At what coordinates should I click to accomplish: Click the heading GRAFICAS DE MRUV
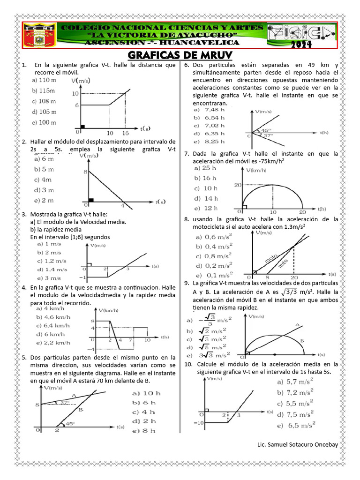pos(180,55)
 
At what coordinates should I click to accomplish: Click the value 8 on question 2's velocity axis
pos(85,172)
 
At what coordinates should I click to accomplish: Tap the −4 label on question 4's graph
pos(94,349)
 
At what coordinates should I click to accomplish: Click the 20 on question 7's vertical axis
pos(238,185)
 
